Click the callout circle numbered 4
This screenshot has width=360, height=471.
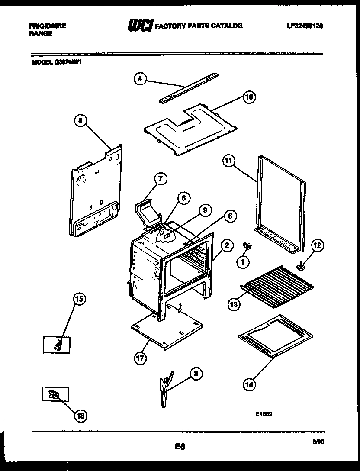pos(140,79)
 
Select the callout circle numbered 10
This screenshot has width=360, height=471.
pos(249,97)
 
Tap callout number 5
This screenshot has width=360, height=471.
pos(80,122)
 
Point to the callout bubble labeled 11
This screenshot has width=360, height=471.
pos(228,161)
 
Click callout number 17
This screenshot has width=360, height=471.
pos(140,358)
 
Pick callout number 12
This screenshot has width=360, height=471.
pos(317,246)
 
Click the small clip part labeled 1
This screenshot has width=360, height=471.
pos(248,246)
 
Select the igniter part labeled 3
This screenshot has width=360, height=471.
pos(165,390)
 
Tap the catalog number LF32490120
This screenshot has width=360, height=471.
pos(305,26)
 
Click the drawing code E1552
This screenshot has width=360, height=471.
pos(264,413)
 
